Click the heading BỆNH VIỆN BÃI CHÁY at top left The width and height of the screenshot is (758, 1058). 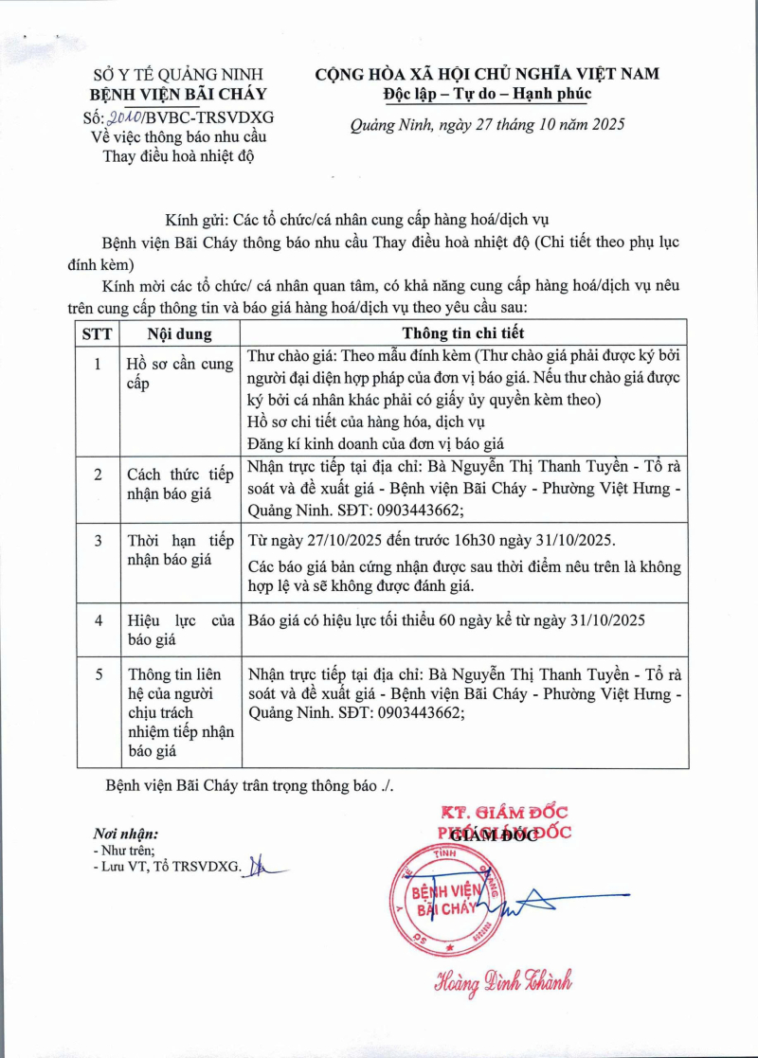(x=178, y=94)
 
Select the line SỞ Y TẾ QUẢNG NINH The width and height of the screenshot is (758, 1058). (x=178, y=74)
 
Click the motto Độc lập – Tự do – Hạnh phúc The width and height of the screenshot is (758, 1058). (x=487, y=94)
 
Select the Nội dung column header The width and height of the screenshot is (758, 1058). (x=180, y=333)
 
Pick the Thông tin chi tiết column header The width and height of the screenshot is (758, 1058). (x=463, y=333)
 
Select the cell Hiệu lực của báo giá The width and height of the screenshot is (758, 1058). (x=180, y=630)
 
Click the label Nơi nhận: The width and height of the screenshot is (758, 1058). (x=125, y=834)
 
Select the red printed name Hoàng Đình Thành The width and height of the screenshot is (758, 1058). (x=503, y=981)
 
